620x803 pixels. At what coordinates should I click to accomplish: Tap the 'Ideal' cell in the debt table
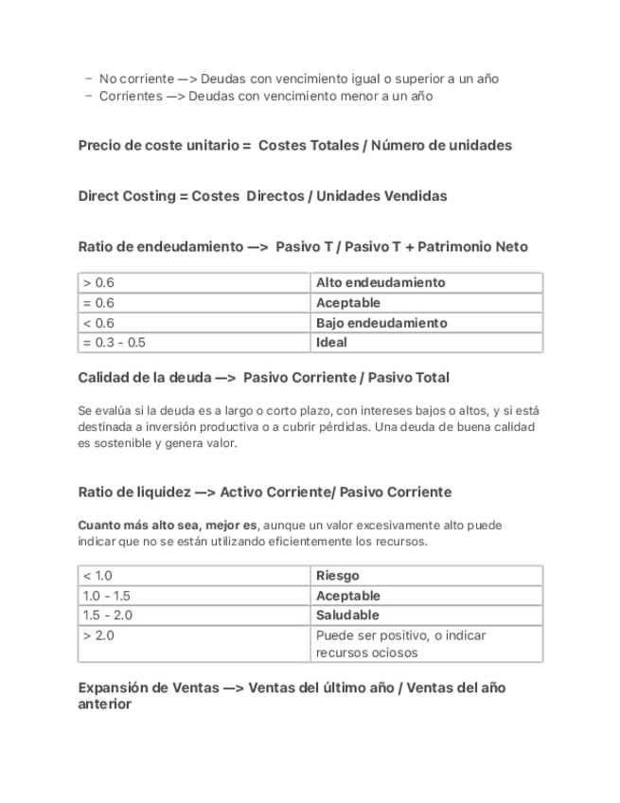point(331,343)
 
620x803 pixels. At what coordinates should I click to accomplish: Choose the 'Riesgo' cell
point(337,576)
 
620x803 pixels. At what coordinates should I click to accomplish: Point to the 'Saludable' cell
point(346,616)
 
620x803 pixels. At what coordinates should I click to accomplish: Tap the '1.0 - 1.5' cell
point(106,596)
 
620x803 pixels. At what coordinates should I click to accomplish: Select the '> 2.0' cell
point(98,635)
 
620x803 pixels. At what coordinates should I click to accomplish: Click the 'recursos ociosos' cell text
point(366,652)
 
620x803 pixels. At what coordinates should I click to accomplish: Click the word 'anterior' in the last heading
point(104,705)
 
